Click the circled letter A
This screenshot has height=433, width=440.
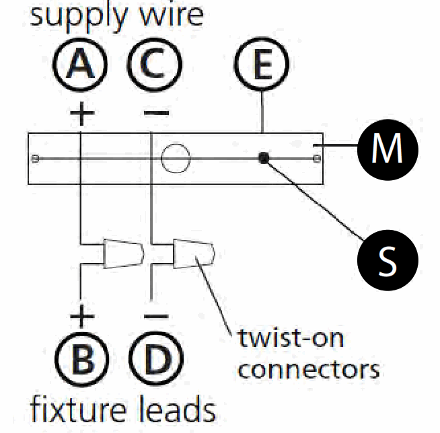click(80, 65)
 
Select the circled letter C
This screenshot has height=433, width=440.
click(154, 65)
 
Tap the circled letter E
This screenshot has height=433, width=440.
click(262, 64)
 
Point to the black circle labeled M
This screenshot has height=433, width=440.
click(388, 149)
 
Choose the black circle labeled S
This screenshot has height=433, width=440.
click(388, 260)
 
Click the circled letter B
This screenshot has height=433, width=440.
click(81, 359)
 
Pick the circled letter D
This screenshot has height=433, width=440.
click(156, 359)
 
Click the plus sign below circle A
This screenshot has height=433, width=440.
click(81, 114)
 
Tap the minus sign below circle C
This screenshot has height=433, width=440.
click(156, 113)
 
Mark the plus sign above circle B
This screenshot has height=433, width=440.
click(81, 317)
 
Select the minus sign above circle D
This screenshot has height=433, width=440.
click(156, 317)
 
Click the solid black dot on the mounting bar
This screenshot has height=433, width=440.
click(264, 158)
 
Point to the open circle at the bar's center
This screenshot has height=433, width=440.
click(176, 158)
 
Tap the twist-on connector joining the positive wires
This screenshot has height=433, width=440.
click(124, 253)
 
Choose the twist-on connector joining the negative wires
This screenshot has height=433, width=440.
click(194, 253)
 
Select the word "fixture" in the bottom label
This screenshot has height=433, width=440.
click(78, 409)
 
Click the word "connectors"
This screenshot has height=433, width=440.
click(308, 370)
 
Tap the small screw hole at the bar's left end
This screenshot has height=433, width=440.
click(35, 159)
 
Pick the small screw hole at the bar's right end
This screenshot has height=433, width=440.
click(317, 159)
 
